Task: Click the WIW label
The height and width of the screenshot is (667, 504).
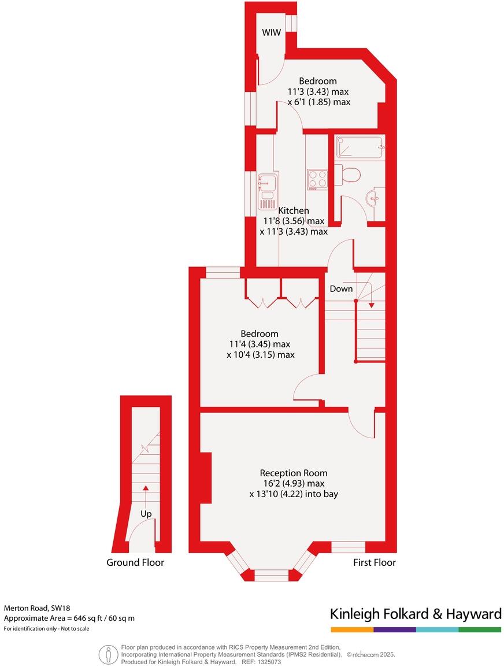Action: tap(271, 33)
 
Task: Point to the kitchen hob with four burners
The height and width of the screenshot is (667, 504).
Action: tap(317, 178)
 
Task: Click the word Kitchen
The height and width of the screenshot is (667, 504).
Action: tap(294, 211)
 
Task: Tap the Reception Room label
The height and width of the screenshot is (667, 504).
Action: tap(292, 472)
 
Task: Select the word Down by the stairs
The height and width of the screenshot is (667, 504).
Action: tap(341, 288)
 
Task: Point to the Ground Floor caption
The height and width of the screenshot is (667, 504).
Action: tap(135, 562)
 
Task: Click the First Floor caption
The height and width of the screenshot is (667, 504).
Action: tap(375, 562)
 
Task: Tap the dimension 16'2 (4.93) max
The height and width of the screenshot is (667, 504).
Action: tap(292, 483)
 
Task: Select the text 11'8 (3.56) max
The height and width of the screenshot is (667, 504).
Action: tap(294, 221)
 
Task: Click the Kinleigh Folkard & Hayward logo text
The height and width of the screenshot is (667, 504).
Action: tap(415, 614)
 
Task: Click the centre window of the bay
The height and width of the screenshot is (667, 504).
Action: tap(271, 575)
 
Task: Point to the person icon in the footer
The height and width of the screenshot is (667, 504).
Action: tap(108, 655)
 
